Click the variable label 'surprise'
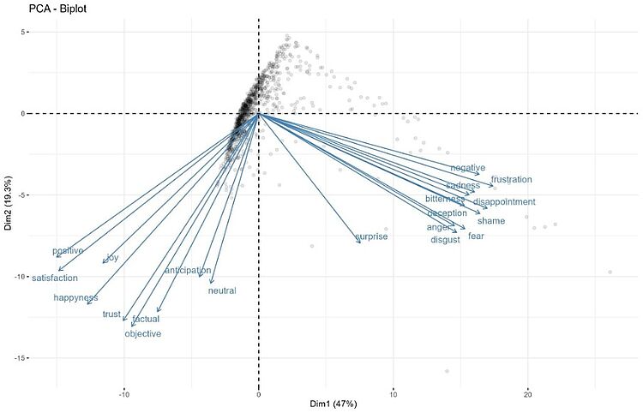[371, 236]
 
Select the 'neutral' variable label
[222, 291]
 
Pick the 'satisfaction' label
[55, 278]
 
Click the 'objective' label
[142, 334]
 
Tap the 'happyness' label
[75, 298]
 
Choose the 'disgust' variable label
[445, 241]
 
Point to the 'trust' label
[111, 314]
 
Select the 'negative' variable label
[467, 168]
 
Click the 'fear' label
[476, 236]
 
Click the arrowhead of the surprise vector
[360, 242]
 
